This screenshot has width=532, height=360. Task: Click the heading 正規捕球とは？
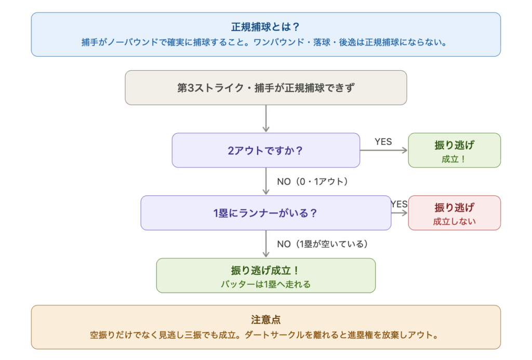click(265, 27)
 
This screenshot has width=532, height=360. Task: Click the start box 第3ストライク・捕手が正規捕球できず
click(265, 88)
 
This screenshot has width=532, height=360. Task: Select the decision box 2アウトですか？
click(265, 151)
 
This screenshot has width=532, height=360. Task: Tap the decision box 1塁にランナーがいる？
click(265, 213)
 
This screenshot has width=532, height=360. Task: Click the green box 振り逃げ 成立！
click(454, 151)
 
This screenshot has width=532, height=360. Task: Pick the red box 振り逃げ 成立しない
click(454, 213)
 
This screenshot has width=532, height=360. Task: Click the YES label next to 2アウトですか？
click(383, 142)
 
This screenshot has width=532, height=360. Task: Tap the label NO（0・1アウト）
click(312, 182)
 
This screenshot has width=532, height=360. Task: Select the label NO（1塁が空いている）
click(322, 244)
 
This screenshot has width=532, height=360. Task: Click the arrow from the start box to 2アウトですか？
click(266, 119)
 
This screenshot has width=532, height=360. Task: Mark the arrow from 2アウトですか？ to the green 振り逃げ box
click(384, 151)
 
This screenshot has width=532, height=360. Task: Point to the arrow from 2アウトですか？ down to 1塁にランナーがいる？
click(266, 182)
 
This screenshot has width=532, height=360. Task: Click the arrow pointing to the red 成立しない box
click(400, 213)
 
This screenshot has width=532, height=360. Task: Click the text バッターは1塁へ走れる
click(265, 284)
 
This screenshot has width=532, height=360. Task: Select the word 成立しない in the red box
click(454, 221)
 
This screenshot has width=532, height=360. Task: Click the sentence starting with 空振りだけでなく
click(265, 335)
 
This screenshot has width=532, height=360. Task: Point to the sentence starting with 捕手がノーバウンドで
click(265, 42)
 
